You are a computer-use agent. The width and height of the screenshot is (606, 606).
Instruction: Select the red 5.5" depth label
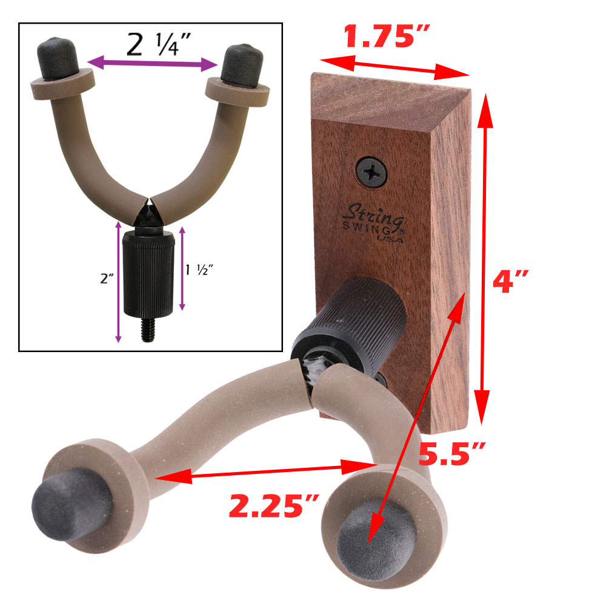point(452,454)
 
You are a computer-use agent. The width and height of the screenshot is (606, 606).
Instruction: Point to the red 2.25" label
point(274,505)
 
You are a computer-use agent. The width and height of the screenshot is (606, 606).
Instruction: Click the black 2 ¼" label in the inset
point(159,44)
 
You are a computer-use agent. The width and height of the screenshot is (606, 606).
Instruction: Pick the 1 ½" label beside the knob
point(199,270)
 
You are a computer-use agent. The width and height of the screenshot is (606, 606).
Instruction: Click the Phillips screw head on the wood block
point(371,171)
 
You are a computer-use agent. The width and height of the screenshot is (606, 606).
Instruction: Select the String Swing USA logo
point(373,224)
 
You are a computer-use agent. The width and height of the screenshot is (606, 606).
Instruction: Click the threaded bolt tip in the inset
point(148,330)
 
